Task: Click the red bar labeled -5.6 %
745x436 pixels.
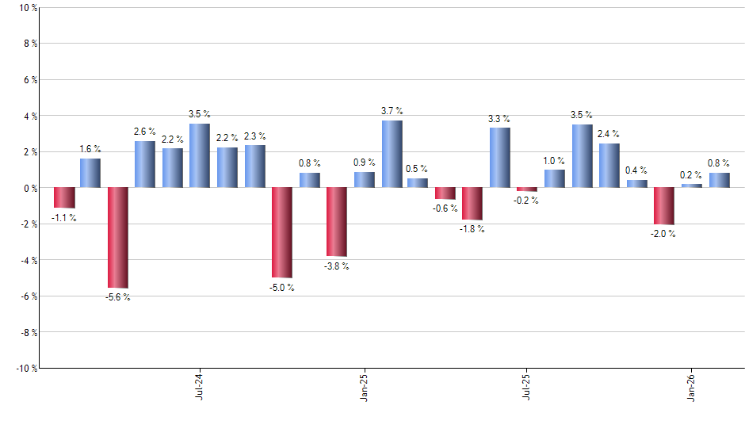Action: click(118, 237)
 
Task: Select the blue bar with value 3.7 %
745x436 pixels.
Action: click(392, 154)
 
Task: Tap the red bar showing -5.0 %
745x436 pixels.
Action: click(282, 232)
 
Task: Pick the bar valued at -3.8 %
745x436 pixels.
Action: click(337, 222)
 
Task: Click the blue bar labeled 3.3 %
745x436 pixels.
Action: click(499, 158)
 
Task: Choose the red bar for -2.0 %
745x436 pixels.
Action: click(663, 206)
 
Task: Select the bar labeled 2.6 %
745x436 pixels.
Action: click(145, 164)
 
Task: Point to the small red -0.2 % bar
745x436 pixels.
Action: click(527, 189)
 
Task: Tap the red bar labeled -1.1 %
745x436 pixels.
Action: click(64, 197)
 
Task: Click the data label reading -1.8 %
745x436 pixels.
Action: click(472, 229)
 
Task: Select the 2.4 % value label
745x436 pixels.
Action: click(609, 134)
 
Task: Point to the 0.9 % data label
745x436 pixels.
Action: click(364, 163)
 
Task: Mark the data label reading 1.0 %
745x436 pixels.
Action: click(554, 160)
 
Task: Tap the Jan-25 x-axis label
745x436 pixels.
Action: click(364, 386)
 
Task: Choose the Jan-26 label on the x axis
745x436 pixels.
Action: click(692, 386)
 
